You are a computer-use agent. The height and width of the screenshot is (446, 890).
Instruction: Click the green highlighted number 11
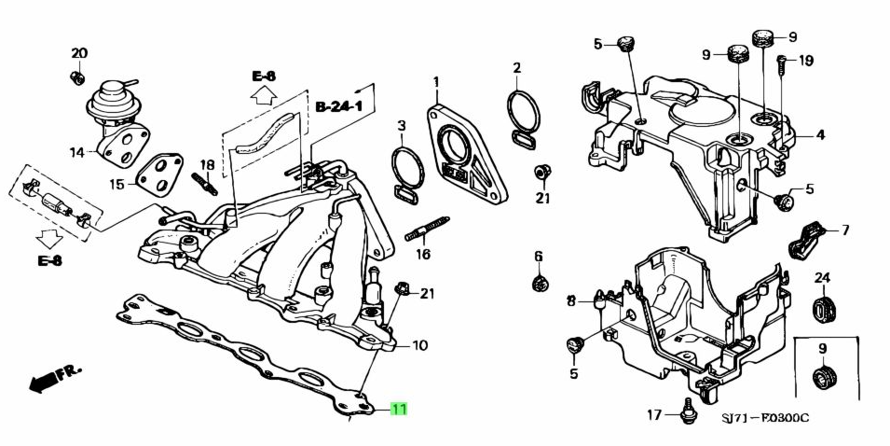399,409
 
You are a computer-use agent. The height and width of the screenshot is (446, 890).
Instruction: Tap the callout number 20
79,53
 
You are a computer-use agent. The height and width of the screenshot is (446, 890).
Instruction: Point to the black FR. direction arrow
55,377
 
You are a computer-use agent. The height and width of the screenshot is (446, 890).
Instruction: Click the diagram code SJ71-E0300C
765,417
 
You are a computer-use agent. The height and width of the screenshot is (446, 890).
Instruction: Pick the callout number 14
77,151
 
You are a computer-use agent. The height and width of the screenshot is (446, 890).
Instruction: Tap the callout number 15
116,185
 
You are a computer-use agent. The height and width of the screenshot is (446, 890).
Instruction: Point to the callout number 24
822,278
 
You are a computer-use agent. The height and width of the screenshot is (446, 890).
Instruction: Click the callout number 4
820,135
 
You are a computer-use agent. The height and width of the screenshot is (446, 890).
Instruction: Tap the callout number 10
419,346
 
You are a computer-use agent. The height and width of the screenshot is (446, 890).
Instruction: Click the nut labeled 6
539,282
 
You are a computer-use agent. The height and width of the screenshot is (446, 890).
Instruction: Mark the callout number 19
806,61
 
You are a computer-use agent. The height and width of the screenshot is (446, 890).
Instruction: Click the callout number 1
435,84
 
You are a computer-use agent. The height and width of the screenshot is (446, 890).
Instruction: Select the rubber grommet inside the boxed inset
823,377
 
